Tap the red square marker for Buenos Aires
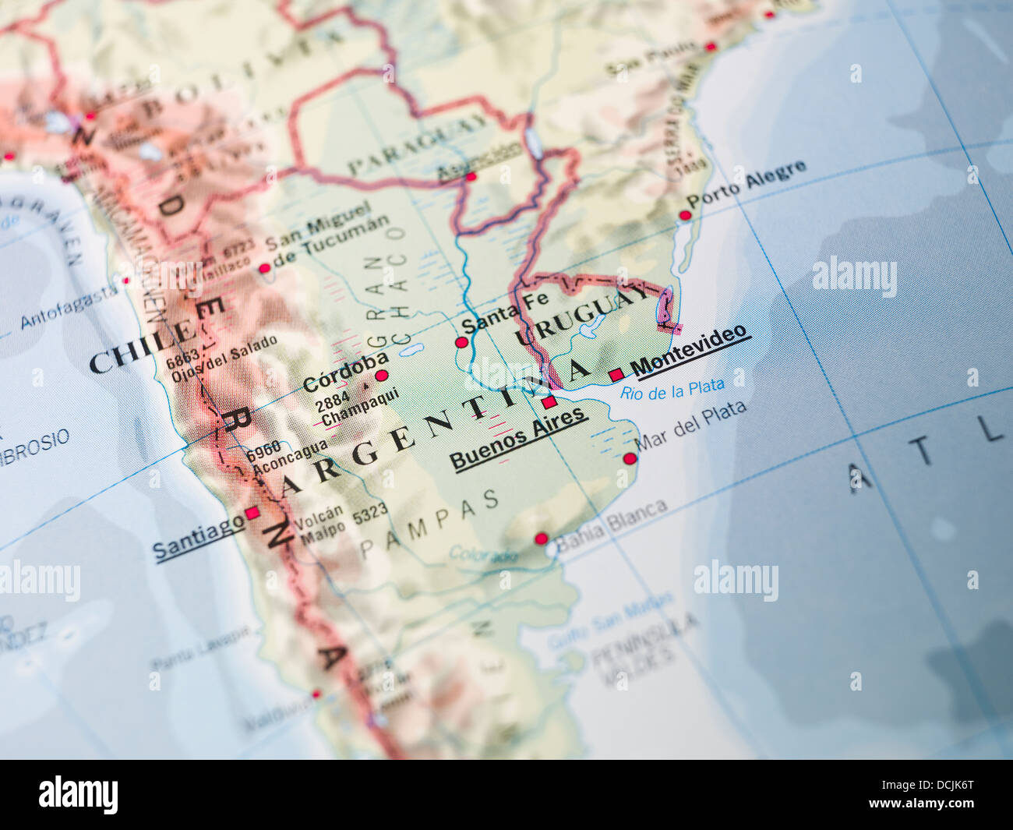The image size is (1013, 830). point(549,402)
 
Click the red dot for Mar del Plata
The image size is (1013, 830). point(630,458)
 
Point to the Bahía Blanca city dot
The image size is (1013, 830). point(541,538)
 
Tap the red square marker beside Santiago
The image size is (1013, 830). point(252,513)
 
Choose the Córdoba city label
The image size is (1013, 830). point(345,373)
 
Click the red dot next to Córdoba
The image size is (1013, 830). point(381,375)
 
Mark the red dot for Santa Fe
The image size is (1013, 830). point(461,342)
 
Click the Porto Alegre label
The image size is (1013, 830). point(746,183)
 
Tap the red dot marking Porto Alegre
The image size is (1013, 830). point(685,215)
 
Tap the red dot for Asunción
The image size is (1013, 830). point(471,177)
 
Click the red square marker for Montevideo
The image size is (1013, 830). point(616,374)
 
